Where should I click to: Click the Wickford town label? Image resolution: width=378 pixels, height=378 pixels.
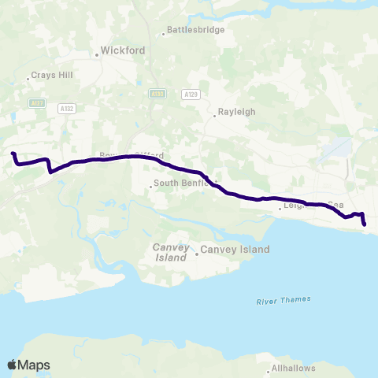(x=124, y=50)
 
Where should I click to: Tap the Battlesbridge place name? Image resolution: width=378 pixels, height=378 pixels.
(x=196, y=30)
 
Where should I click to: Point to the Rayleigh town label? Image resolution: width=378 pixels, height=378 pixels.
(x=237, y=112)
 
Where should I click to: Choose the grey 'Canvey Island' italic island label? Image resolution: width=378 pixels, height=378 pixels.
(x=169, y=252)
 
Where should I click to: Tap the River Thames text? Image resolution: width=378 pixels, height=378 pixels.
(x=283, y=299)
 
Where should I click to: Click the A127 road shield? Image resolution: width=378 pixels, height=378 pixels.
(x=35, y=103)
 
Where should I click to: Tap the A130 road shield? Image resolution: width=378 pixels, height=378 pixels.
(x=157, y=94)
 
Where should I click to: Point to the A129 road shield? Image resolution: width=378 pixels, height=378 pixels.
(x=189, y=94)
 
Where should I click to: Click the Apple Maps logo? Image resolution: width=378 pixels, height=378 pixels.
(x=28, y=365)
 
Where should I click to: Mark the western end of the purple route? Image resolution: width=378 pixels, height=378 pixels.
(x=13, y=154)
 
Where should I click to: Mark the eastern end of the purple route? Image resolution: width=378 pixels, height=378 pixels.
(x=365, y=224)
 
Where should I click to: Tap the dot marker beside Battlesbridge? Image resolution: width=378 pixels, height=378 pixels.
(x=163, y=33)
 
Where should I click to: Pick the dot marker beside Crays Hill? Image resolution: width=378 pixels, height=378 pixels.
(x=27, y=76)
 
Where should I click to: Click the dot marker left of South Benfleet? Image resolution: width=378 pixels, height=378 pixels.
(x=150, y=187)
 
